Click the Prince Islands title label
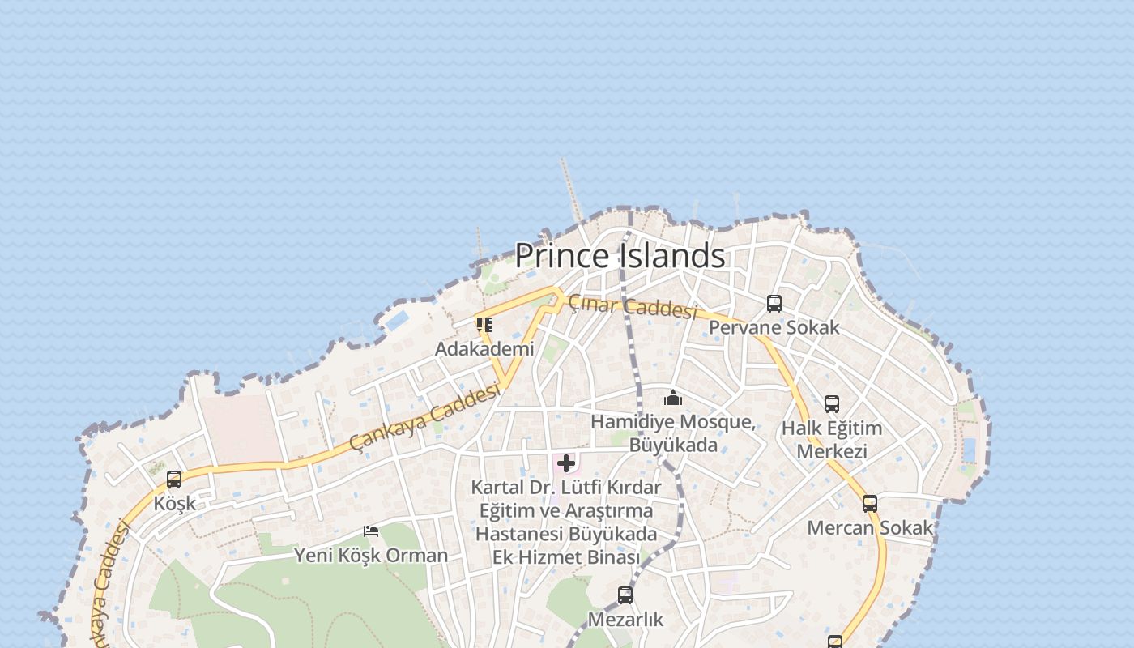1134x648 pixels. click(x=620, y=256)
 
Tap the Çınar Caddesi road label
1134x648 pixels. click(x=632, y=307)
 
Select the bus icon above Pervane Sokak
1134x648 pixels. click(x=774, y=304)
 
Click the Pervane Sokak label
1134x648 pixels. click(x=774, y=328)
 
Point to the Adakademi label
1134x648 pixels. click(x=484, y=349)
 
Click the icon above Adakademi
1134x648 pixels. click(x=484, y=325)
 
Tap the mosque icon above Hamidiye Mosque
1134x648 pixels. click(x=673, y=398)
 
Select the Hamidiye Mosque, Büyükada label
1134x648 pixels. click(x=673, y=433)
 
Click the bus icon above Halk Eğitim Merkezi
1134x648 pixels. click(x=832, y=404)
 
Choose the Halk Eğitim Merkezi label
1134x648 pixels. click(x=832, y=440)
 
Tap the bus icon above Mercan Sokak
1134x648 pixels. click(x=870, y=504)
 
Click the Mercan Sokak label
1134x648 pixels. click(x=870, y=528)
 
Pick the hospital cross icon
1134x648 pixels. click(x=566, y=463)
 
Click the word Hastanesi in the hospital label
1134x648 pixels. click(x=519, y=535)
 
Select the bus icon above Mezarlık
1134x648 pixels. click(x=625, y=595)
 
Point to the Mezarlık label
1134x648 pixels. click(x=625, y=620)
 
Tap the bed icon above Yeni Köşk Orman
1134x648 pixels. click(x=371, y=531)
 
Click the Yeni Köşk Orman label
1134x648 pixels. click(x=371, y=556)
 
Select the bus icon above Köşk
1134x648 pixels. click(x=174, y=480)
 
